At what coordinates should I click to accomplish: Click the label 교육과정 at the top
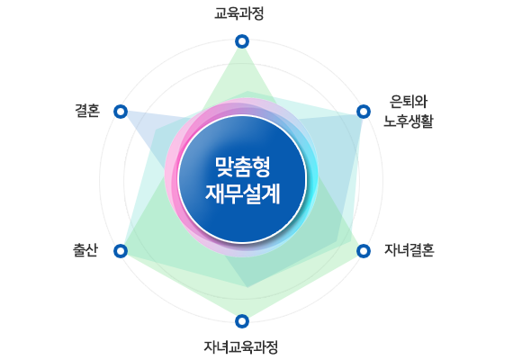pyautogui.click(x=239, y=14)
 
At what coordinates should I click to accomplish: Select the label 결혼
pyautogui.click(x=87, y=111)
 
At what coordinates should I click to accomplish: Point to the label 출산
pyautogui.click(x=85, y=250)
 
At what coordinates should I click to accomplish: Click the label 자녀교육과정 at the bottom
pyautogui.click(x=240, y=347)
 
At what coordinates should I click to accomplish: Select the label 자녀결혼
pyautogui.click(x=409, y=250)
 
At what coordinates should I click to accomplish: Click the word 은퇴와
pyautogui.click(x=409, y=102)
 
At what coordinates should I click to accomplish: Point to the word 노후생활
pyautogui.click(x=409, y=121)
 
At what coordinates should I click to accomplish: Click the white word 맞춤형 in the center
pyautogui.click(x=242, y=166)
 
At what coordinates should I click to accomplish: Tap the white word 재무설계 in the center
pyautogui.click(x=243, y=193)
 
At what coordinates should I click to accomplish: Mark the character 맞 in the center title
pyautogui.click(x=224, y=166)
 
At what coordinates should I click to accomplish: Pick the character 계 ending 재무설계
pyautogui.click(x=271, y=193)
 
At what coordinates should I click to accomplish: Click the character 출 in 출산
pyautogui.click(x=79, y=250)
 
